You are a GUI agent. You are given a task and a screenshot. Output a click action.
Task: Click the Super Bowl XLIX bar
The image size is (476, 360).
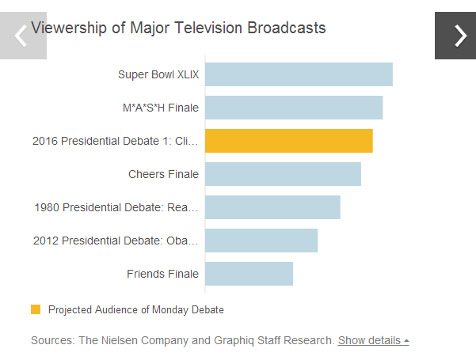click(299, 74)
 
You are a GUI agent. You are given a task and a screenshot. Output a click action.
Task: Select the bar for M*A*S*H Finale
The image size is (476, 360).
click(294, 108)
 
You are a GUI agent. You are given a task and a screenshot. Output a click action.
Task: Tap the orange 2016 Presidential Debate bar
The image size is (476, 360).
click(288, 141)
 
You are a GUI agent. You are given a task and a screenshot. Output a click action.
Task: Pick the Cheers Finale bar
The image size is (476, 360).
click(283, 174)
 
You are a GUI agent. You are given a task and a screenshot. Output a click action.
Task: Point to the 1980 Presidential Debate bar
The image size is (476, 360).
click(272, 207)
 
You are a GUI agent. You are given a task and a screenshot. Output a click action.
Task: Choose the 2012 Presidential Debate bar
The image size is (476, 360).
click(261, 241)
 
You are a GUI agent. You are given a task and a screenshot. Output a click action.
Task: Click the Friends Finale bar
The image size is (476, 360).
click(249, 274)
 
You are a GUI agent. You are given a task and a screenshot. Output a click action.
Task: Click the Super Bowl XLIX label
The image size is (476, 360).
click(158, 75)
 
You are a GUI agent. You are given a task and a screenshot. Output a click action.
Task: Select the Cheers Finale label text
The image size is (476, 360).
click(163, 174)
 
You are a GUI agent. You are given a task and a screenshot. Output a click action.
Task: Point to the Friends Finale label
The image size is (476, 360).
click(162, 275)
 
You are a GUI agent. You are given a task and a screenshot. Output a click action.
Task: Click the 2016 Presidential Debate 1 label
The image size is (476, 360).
click(116, 142)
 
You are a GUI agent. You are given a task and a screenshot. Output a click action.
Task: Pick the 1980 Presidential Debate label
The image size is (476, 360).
click(116, 208)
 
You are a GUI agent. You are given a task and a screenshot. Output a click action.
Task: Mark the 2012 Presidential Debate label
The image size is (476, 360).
click(116, 241)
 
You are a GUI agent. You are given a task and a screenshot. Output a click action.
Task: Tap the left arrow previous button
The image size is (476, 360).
click(22, 36)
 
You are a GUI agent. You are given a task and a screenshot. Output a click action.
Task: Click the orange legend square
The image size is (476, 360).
click(36, 309)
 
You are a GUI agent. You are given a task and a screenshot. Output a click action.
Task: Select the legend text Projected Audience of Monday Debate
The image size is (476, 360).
click(136, 309)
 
